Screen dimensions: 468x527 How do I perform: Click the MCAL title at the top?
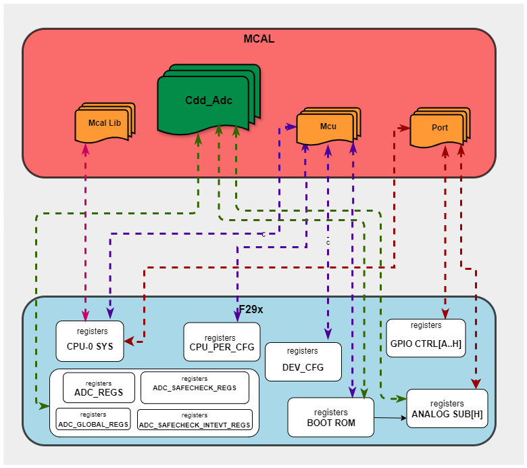(259, 39)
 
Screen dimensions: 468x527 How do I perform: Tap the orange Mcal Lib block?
(104, 122)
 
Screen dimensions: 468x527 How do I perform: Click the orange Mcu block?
(327, 126)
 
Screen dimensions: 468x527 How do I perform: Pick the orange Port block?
(439, 127)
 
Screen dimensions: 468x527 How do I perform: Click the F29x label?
(251, 309)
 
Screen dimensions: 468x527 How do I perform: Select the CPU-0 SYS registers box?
(90, 341)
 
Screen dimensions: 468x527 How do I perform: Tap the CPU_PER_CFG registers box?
(220, 342)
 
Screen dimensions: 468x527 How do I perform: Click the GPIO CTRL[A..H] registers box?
(426, 338)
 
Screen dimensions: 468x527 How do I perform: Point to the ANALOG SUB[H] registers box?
(447, 408)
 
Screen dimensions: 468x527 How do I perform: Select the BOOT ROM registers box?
(330, 417)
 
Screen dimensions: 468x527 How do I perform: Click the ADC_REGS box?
(99, 388)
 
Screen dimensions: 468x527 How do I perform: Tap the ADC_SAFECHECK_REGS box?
(195, 388)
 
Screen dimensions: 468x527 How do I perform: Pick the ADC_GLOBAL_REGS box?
(93, 419)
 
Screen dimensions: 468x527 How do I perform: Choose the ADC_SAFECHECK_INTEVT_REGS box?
(195, 420)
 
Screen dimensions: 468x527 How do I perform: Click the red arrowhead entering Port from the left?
(405, 128)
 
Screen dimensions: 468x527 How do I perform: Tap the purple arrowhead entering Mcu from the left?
(292, 126)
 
